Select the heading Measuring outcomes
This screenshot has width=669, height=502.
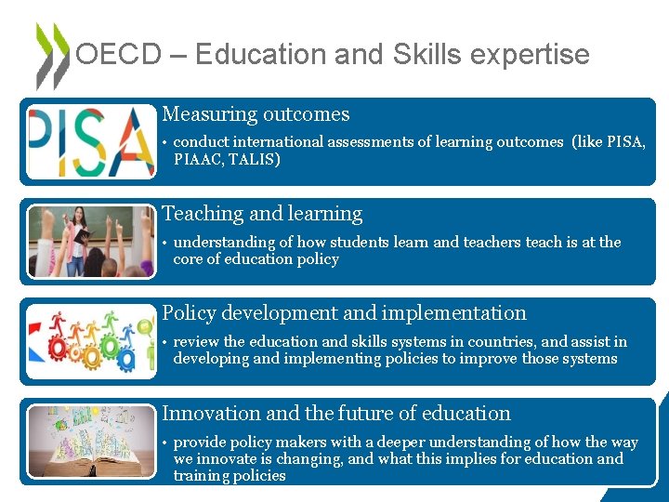(x=256, y=114)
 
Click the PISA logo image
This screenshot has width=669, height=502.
(x=91, y=141)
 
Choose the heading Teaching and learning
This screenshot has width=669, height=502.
(x=262, y=214)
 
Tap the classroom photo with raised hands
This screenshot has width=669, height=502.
(x=91, y=242)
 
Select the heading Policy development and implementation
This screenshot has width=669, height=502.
(x=344, y=313)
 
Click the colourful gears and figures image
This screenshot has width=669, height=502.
(x=91, y=341)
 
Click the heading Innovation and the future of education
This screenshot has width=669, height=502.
(x=336, y=413)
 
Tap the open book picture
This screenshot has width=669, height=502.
(x=91, y=442)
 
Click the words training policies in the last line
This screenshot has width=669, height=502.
(x=230, y=476)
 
